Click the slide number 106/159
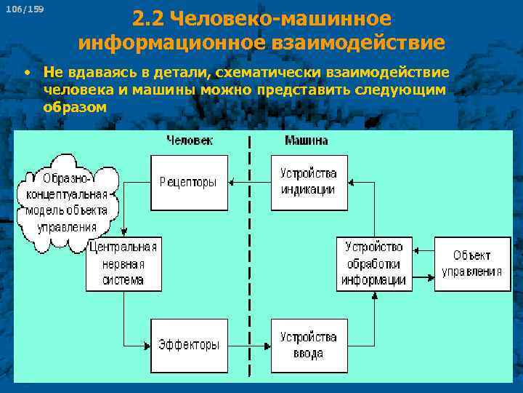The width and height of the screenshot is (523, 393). (24, 9)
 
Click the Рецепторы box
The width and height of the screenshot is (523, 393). (188, 182)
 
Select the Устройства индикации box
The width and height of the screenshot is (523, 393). (308, 182)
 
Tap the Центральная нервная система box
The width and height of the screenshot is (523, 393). (123, 264)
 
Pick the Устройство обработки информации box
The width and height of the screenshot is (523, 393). (373, 264)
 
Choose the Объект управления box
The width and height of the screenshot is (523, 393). (472, 264)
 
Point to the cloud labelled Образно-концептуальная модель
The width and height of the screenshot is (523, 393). (67, 202)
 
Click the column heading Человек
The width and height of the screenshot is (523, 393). (189, 140)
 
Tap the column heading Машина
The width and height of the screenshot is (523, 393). (306, 140)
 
